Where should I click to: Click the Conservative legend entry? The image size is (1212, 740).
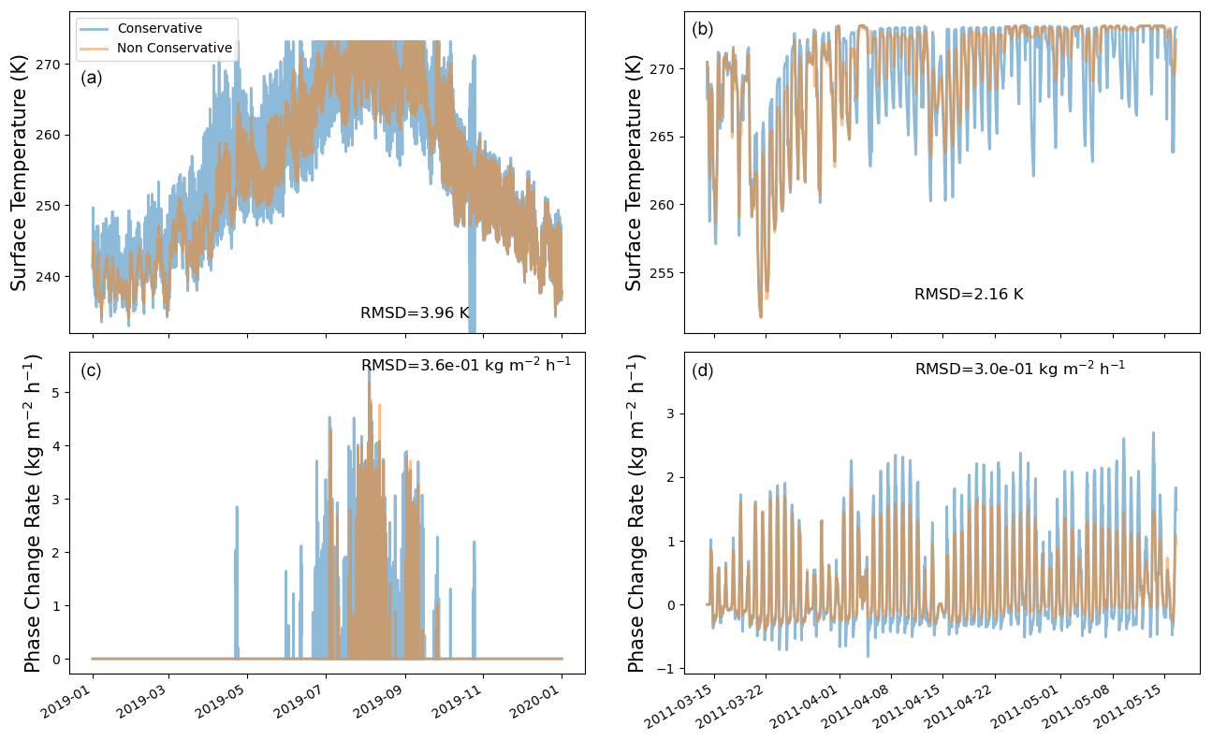tap(159, 28)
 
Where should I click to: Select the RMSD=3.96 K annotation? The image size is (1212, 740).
tap(415, 312)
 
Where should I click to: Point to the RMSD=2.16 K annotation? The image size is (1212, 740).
tap(969, 294)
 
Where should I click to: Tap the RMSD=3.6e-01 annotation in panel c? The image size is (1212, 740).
tap(466, 365)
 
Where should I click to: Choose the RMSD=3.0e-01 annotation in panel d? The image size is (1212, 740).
tap(1019, 369)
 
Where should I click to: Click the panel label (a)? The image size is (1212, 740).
tap(92, 78)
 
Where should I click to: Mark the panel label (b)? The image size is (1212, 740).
tap(702, 29)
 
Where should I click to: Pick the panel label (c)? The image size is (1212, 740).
tap(92, 370)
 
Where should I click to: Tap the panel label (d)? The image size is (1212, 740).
tap(702, 370)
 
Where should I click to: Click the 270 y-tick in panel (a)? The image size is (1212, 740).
tap(52, 64)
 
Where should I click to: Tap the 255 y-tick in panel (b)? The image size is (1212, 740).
tap(666, 273)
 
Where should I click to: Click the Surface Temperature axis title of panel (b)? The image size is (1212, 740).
tap(635, 172)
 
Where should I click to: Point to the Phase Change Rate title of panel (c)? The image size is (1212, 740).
tap(34, 513)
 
